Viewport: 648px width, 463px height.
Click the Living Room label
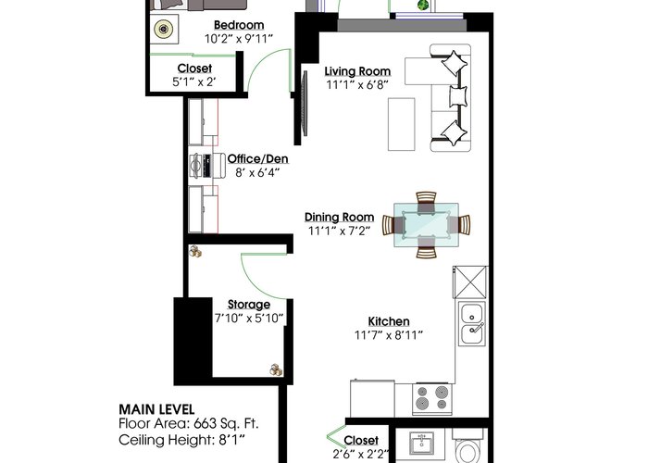tap(357, 71)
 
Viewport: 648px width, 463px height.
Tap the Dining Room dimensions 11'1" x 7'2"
tap(340, 231)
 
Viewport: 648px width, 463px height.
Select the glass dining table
tap(426, 225)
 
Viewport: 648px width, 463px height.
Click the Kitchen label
tap(389, 321)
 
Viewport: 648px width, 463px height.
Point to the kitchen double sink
tap(472, 323)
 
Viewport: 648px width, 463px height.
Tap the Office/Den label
tap(258, 158)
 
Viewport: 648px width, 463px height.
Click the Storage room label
tap(249, 305)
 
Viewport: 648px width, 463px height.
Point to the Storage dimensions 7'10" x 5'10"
tap(249, 319)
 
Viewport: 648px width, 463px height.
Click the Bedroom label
tap(239, 25)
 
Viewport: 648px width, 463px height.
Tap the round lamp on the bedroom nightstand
tap(164, 29)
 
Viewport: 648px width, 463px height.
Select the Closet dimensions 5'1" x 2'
tap(194, 81)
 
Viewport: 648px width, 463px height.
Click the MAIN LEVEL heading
tap(156, 409)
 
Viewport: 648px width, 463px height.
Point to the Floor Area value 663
tap(205, 424)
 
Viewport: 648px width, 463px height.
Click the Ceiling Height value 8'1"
tap(231, 440)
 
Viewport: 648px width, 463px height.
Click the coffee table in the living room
tap(401, 124)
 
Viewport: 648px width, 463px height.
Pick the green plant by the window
tap(423, 6)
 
